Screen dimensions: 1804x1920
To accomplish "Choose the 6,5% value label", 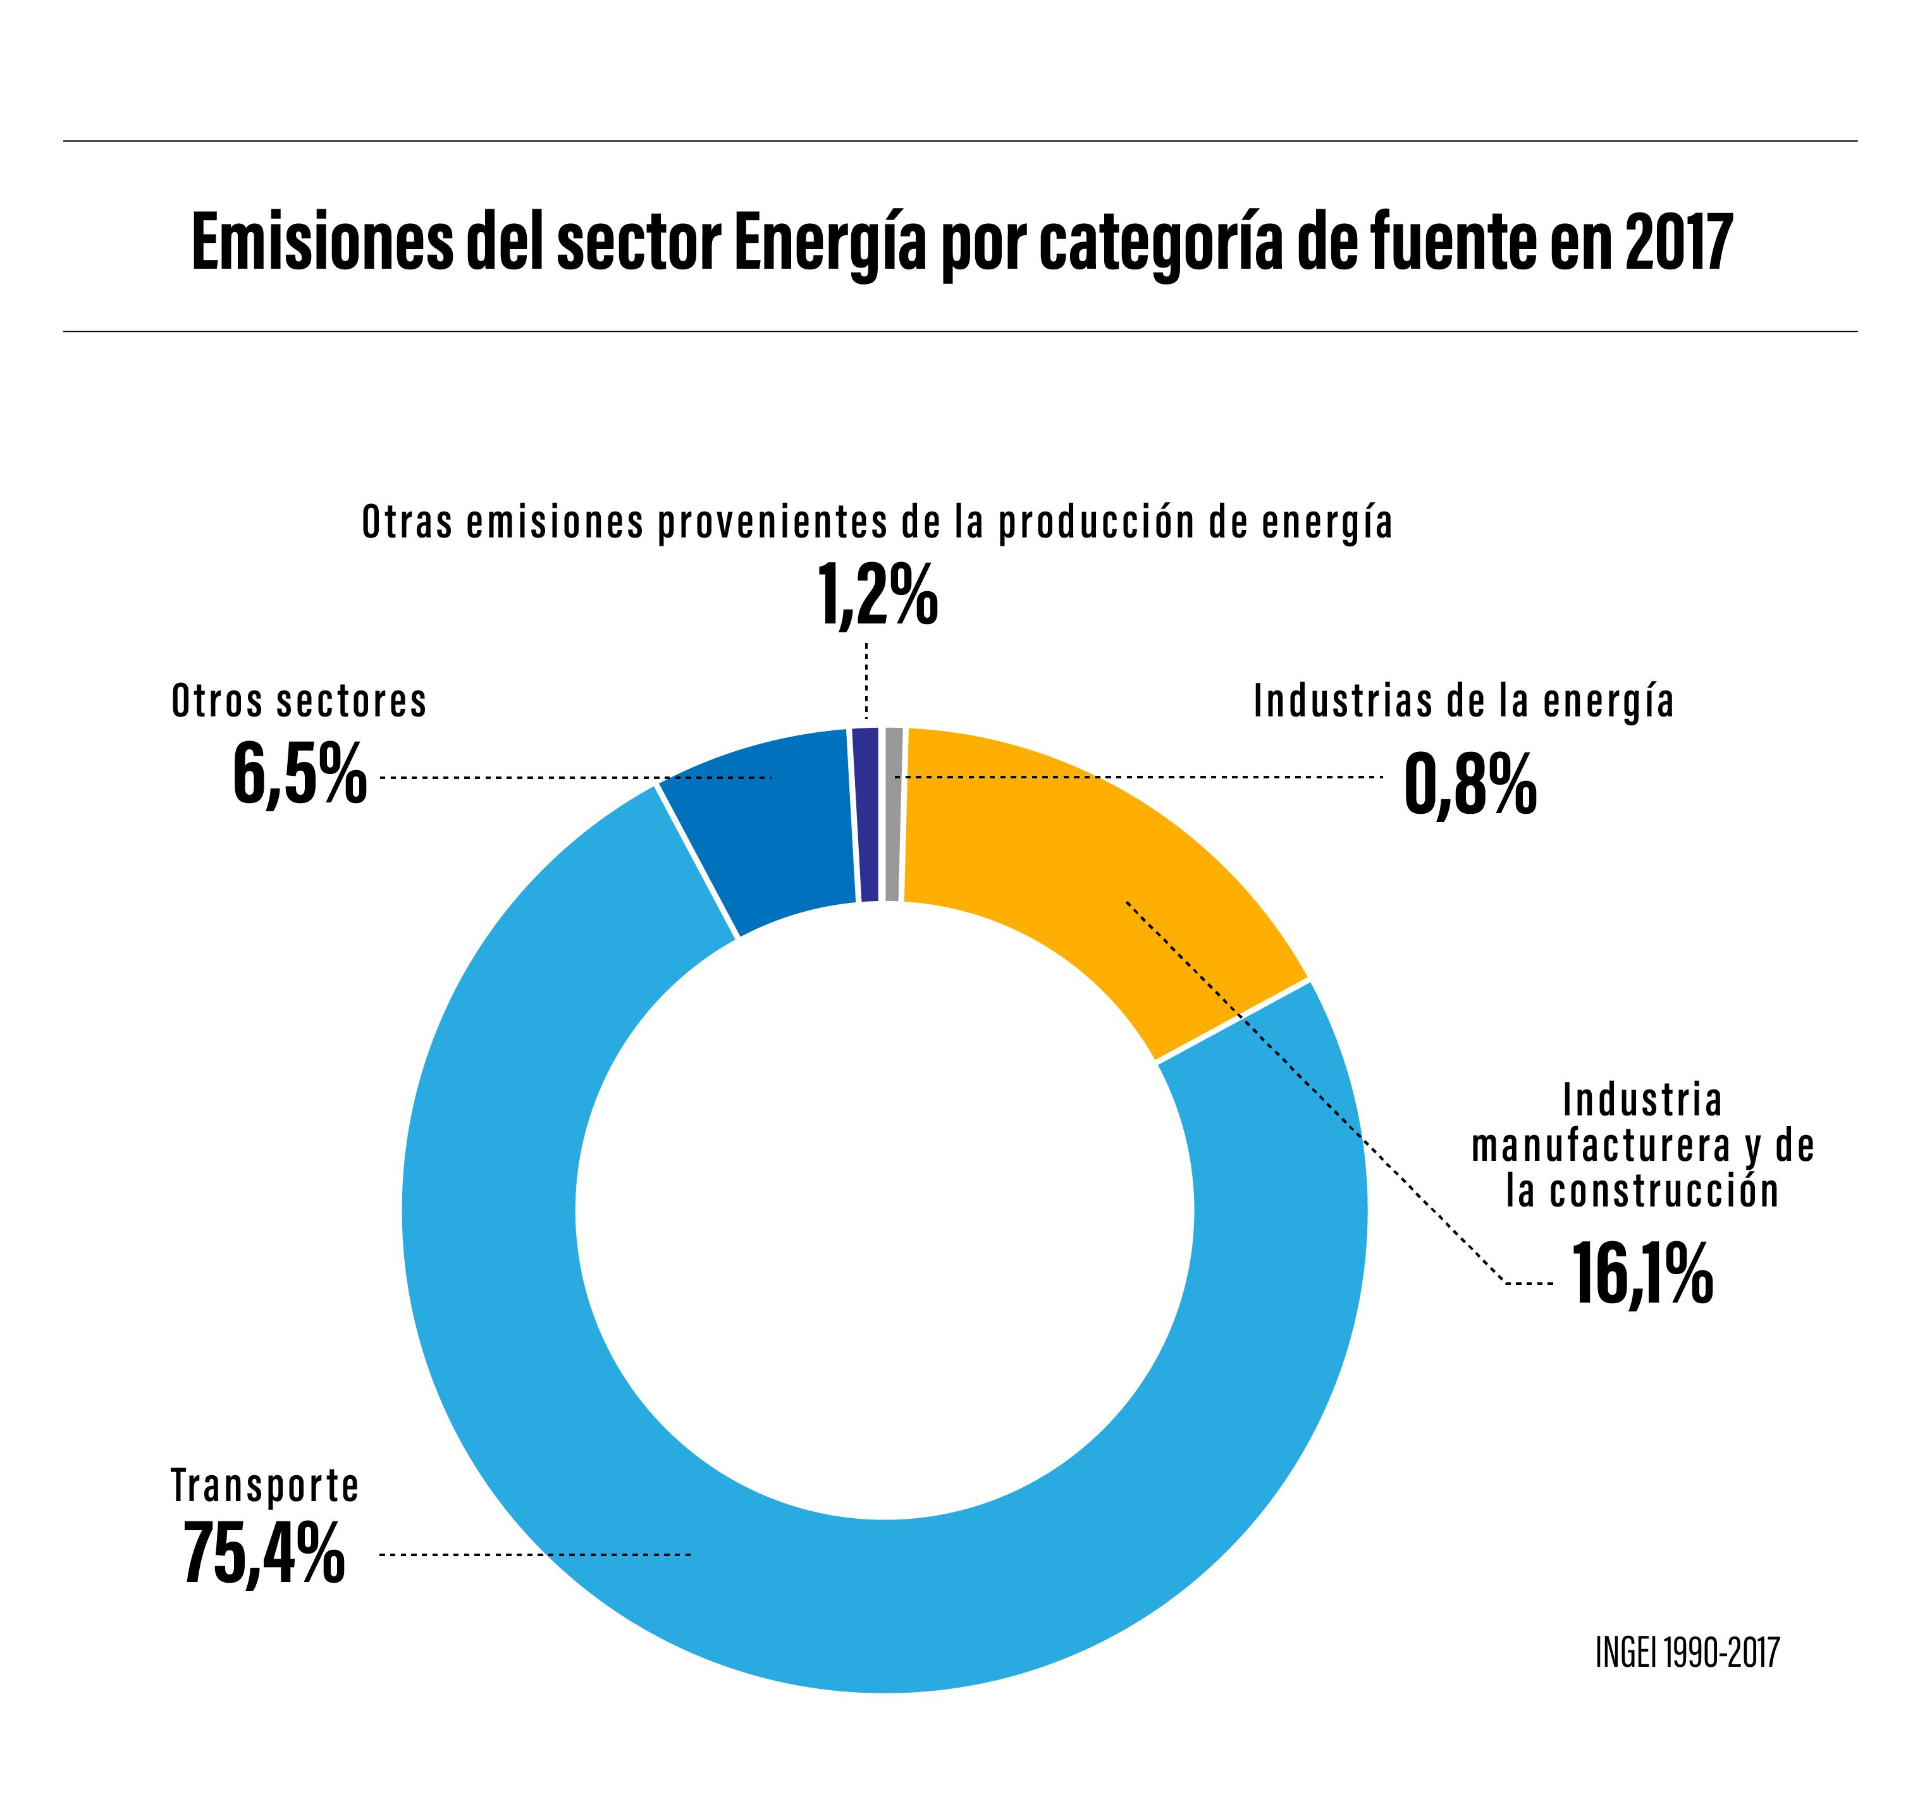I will [300, 773].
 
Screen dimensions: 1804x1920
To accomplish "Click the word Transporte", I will [264, 1485].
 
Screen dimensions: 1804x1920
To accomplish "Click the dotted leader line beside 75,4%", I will [536, 1554].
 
